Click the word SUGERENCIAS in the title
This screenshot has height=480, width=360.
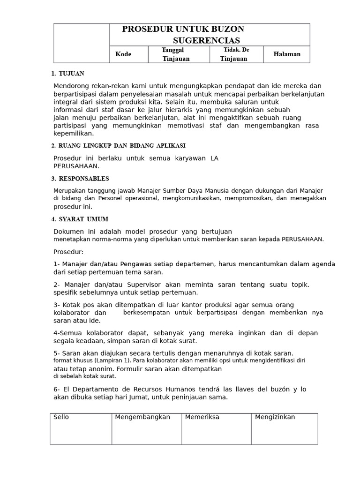pyautogui.click(x=206, y=41)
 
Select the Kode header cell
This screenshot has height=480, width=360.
pyautogui.click(x=123, y=54)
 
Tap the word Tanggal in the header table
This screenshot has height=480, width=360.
pyautogui.click(x=172, y=50)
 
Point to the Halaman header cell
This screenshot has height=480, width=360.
pyautogui.click(x=287, y=54)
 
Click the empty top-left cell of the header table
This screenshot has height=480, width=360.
pyautogui.click(x=81, y=43)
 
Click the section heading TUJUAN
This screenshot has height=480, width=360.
pyautogui.click(x=72, y=74)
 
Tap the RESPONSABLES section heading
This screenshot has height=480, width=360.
pyautogui.click(x=84, y=179)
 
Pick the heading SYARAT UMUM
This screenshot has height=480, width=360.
pyautogui.click(x=83, y=219)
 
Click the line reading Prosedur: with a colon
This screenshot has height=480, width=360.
pyautogui.click(x=68, y=252)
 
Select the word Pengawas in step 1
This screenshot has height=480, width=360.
pyautogui.click(x=135, y=264)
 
